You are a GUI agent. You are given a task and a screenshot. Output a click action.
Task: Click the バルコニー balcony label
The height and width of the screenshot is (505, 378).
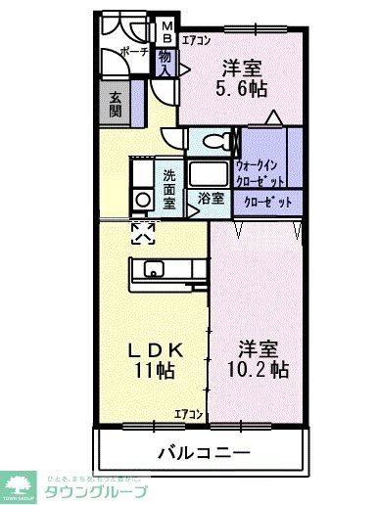click(204, 452)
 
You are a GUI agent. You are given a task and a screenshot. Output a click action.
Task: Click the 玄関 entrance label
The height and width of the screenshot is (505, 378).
click(115, 102)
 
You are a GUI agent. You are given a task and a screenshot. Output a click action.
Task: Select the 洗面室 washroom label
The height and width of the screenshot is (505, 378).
click(168, 185)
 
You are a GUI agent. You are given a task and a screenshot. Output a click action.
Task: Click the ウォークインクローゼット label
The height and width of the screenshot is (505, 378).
click(260, 174)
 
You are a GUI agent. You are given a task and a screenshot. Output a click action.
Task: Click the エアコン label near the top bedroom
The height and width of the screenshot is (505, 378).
click(196, 40)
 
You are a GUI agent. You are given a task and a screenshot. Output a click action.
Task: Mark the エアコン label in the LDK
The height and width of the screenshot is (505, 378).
click(189, 414)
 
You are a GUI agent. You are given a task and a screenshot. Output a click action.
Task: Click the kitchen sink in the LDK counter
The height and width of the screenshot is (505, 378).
click(155, 268)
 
